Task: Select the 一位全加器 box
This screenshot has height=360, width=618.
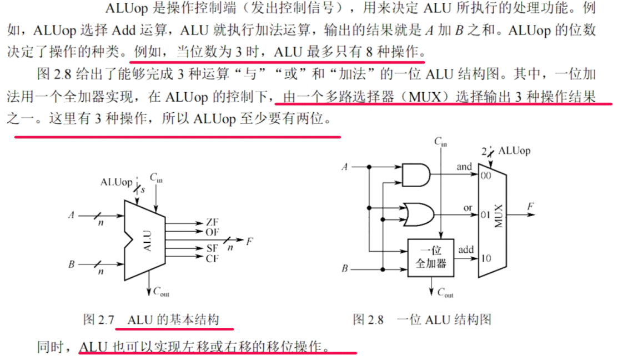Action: coord(431,257)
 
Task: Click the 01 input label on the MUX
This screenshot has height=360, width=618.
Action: coord(485,213)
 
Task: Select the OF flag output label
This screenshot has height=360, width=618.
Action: coord(212,231)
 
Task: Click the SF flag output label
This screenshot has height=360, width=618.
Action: coord(212,248)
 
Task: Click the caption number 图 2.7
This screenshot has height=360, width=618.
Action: coord(98,320)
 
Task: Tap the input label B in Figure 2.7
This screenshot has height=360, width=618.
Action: coord(71,264)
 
